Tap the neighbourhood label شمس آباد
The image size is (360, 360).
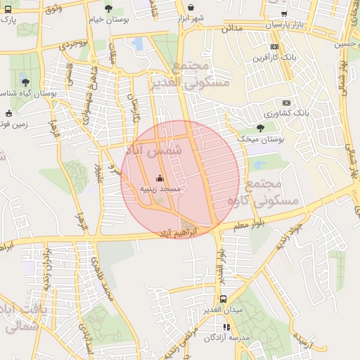tap(153, 150)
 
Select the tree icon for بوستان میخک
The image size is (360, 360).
tap(262, 127)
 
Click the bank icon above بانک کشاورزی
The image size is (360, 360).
tap(286, 102)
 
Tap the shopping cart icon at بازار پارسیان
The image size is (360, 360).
tap(283, 14)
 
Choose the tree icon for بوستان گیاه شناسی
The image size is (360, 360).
tap(26, 82)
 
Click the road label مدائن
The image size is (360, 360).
tap(231, 29)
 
